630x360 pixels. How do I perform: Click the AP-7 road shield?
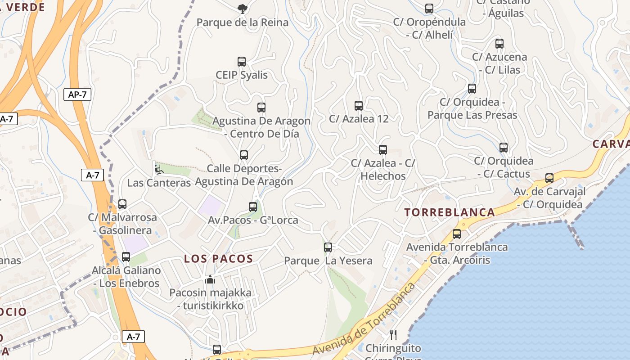pyautogui.click(x=77, y=94)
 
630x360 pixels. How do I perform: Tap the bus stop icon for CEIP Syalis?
pyautogui.click(x=242, y=62)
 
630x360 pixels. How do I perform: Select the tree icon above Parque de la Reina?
pyautogui.click(x=242, y=9)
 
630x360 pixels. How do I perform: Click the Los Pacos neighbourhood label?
pyautogui.click(x=218, y=259)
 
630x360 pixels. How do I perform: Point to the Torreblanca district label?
pyautogui.click(x=450, y=212)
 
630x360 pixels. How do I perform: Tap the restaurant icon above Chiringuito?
pyautogui.click(x=393, y=334)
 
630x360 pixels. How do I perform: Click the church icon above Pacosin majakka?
pyautogui.click(x=210, y=279)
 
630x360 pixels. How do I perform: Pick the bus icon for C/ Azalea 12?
pyautogui.click(x=359, y=106)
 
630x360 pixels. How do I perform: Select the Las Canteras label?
pyautogui.click(x=159, y=183)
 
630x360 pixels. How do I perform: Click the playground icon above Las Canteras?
pyautogui.click(x=158, y=170)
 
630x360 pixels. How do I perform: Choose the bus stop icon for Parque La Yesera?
pyautogui.click(x=328, y=247)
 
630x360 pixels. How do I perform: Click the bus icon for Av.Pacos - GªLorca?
pyautogui.click(x=253, y=207)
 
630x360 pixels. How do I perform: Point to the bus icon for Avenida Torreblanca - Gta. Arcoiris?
pyautogui.click(x=457, y=234)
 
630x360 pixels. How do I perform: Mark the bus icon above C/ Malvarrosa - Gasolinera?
pyautogui.click(x=122, y=204)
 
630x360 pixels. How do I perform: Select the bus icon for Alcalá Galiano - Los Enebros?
pyautogui.click(x=126, y=257)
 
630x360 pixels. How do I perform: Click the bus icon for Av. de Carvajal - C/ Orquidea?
pyautogui.click(x=549, y=178)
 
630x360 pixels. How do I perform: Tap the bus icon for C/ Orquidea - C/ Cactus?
pyautogui.click(x=504, y=148)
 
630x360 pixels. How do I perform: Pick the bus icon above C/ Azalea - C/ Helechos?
pyautogui.click(x=383, y=150)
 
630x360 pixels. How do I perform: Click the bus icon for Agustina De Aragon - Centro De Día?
pyautogui.click(x=261, y=108)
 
